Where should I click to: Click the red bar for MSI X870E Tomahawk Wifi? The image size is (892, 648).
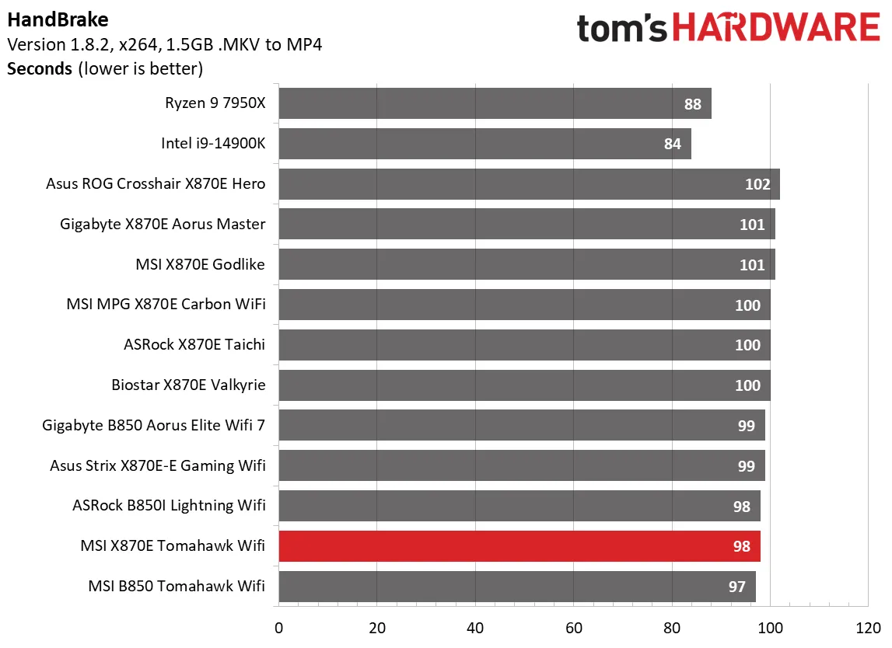tap(519, 546)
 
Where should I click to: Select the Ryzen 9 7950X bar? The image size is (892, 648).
tap(495, 103)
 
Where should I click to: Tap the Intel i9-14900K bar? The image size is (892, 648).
tap(484, 144)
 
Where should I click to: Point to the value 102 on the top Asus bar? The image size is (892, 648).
tap(757, 184)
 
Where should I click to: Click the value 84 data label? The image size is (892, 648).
tap(673, 144)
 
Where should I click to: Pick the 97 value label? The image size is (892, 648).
tap(737, 587)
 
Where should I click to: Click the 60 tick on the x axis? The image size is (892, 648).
tap(573, 627)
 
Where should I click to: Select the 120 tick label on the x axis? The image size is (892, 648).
tap(867, 627)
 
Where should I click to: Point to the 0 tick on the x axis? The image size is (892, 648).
tap(278, 627)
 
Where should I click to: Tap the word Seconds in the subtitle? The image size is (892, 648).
tap(39, 68)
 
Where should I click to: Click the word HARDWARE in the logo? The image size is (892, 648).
tap(775, 29)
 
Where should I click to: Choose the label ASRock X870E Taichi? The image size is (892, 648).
tap(194, 344)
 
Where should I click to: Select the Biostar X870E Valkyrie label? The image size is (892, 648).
tap(189, 385)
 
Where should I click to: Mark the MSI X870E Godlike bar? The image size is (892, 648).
tap(526, 264)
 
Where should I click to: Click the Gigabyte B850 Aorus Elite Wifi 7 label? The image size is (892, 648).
tap(154, 425)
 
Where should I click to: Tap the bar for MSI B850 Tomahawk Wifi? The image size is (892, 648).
tap(516, 587)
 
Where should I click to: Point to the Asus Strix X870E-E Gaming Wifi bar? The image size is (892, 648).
tap(521, 465)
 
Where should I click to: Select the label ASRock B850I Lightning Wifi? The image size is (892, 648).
tap(169, 506)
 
